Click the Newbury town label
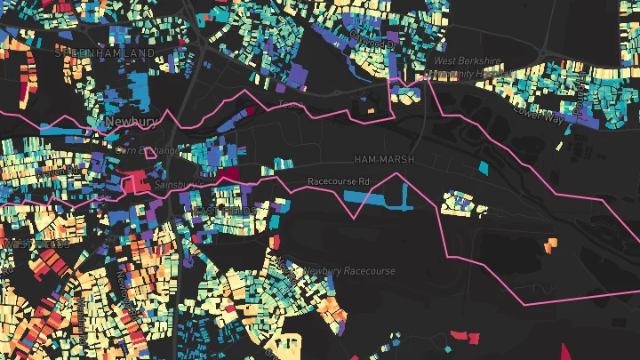(x=131, y=121)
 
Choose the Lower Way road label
(x=538, y=115)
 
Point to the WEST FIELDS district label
(x=22, y=243)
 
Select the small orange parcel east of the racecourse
(x=550, y=242)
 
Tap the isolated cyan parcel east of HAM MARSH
(x=484, y=166)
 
